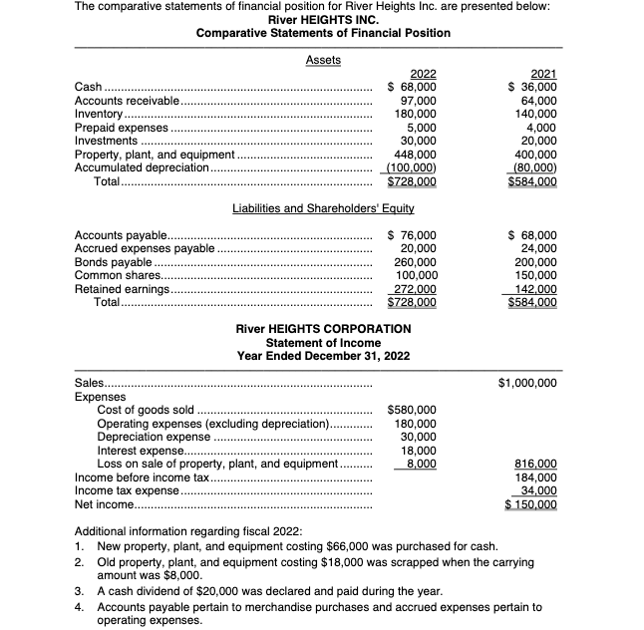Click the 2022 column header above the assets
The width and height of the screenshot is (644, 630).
pos(421,73)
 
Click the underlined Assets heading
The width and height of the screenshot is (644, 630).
pos(323,60)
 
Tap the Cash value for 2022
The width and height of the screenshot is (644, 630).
pos(412,87)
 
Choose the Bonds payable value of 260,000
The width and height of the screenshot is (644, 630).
pos(416,261)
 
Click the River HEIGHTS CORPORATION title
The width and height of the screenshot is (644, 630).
pos(323,328)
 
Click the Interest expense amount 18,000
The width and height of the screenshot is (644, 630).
pos(419,451)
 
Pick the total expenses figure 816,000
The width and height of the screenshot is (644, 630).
pos(535,465)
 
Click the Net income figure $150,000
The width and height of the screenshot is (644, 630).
pos(531,504)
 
